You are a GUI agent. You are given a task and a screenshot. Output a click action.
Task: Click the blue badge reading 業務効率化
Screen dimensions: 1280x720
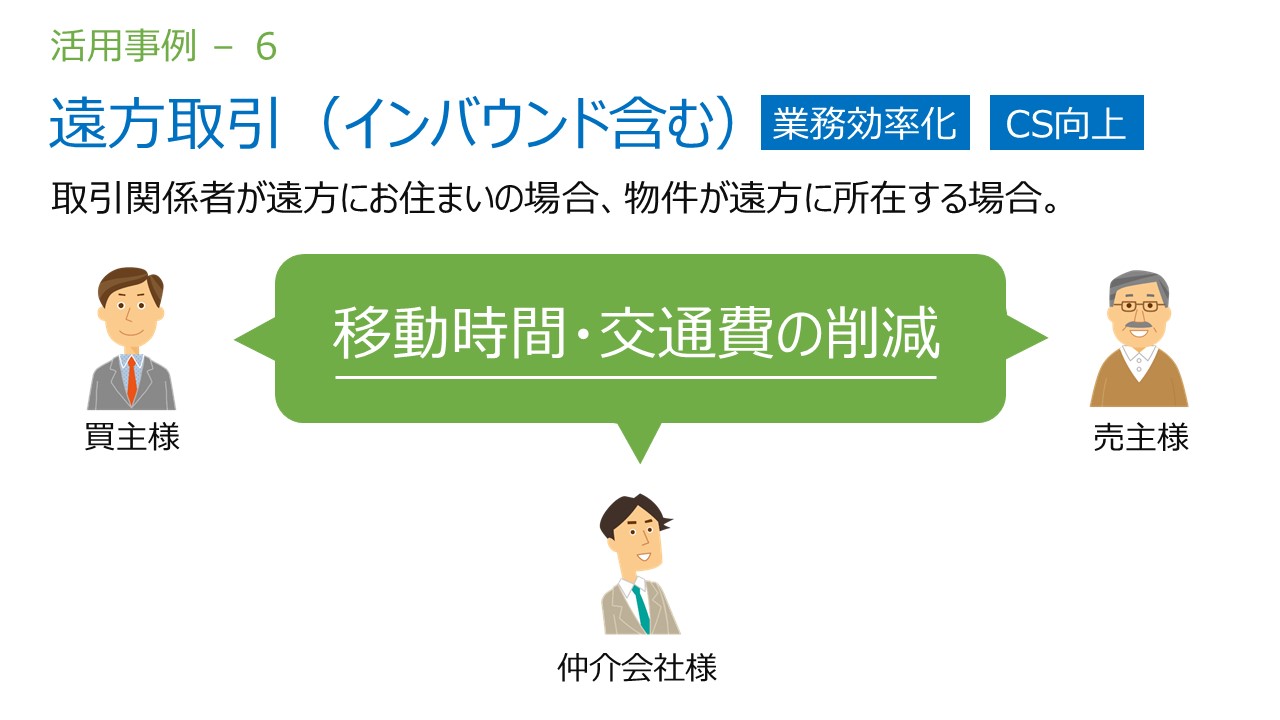tap(865, 122)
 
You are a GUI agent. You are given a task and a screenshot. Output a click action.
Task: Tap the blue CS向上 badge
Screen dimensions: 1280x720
tap(1067, 122)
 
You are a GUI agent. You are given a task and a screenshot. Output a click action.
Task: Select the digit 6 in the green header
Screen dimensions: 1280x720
tap(266, 47)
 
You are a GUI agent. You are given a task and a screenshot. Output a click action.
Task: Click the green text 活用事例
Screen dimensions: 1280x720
tap(123, 46)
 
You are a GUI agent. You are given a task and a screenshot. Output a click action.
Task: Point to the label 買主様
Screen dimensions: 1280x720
tap(132, 437)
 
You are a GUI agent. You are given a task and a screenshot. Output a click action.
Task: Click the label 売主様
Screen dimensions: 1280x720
tap(1141, 438)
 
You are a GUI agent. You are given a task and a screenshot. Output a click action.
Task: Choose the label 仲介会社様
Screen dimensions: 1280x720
tap(637, 667)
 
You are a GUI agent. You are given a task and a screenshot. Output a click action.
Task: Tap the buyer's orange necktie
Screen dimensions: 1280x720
tap(131, 380)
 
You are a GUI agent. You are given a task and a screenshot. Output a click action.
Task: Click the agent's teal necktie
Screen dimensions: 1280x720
tap(641, 609)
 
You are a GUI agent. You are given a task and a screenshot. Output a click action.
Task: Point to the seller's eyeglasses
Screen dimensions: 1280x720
tap(1139, 306)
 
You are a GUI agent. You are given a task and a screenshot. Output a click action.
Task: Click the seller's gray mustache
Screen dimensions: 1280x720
tap(1138, 326)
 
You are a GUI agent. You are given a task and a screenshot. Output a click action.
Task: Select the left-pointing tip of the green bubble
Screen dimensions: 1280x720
tap(235, 340)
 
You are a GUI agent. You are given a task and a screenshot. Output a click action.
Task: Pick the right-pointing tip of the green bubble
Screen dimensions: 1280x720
tap(1047, 338)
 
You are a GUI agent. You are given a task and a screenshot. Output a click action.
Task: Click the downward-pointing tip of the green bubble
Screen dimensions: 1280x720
tap(640, 463)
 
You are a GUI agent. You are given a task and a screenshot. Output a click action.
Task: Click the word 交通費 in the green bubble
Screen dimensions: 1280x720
tap(686, 333)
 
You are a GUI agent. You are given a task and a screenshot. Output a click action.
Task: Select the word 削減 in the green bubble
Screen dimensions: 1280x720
tap(882, 333)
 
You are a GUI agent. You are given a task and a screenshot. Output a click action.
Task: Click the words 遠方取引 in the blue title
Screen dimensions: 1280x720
tap(165, 123)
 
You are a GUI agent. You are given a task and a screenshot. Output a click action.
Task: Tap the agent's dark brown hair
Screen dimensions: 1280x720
tap(629, 514)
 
